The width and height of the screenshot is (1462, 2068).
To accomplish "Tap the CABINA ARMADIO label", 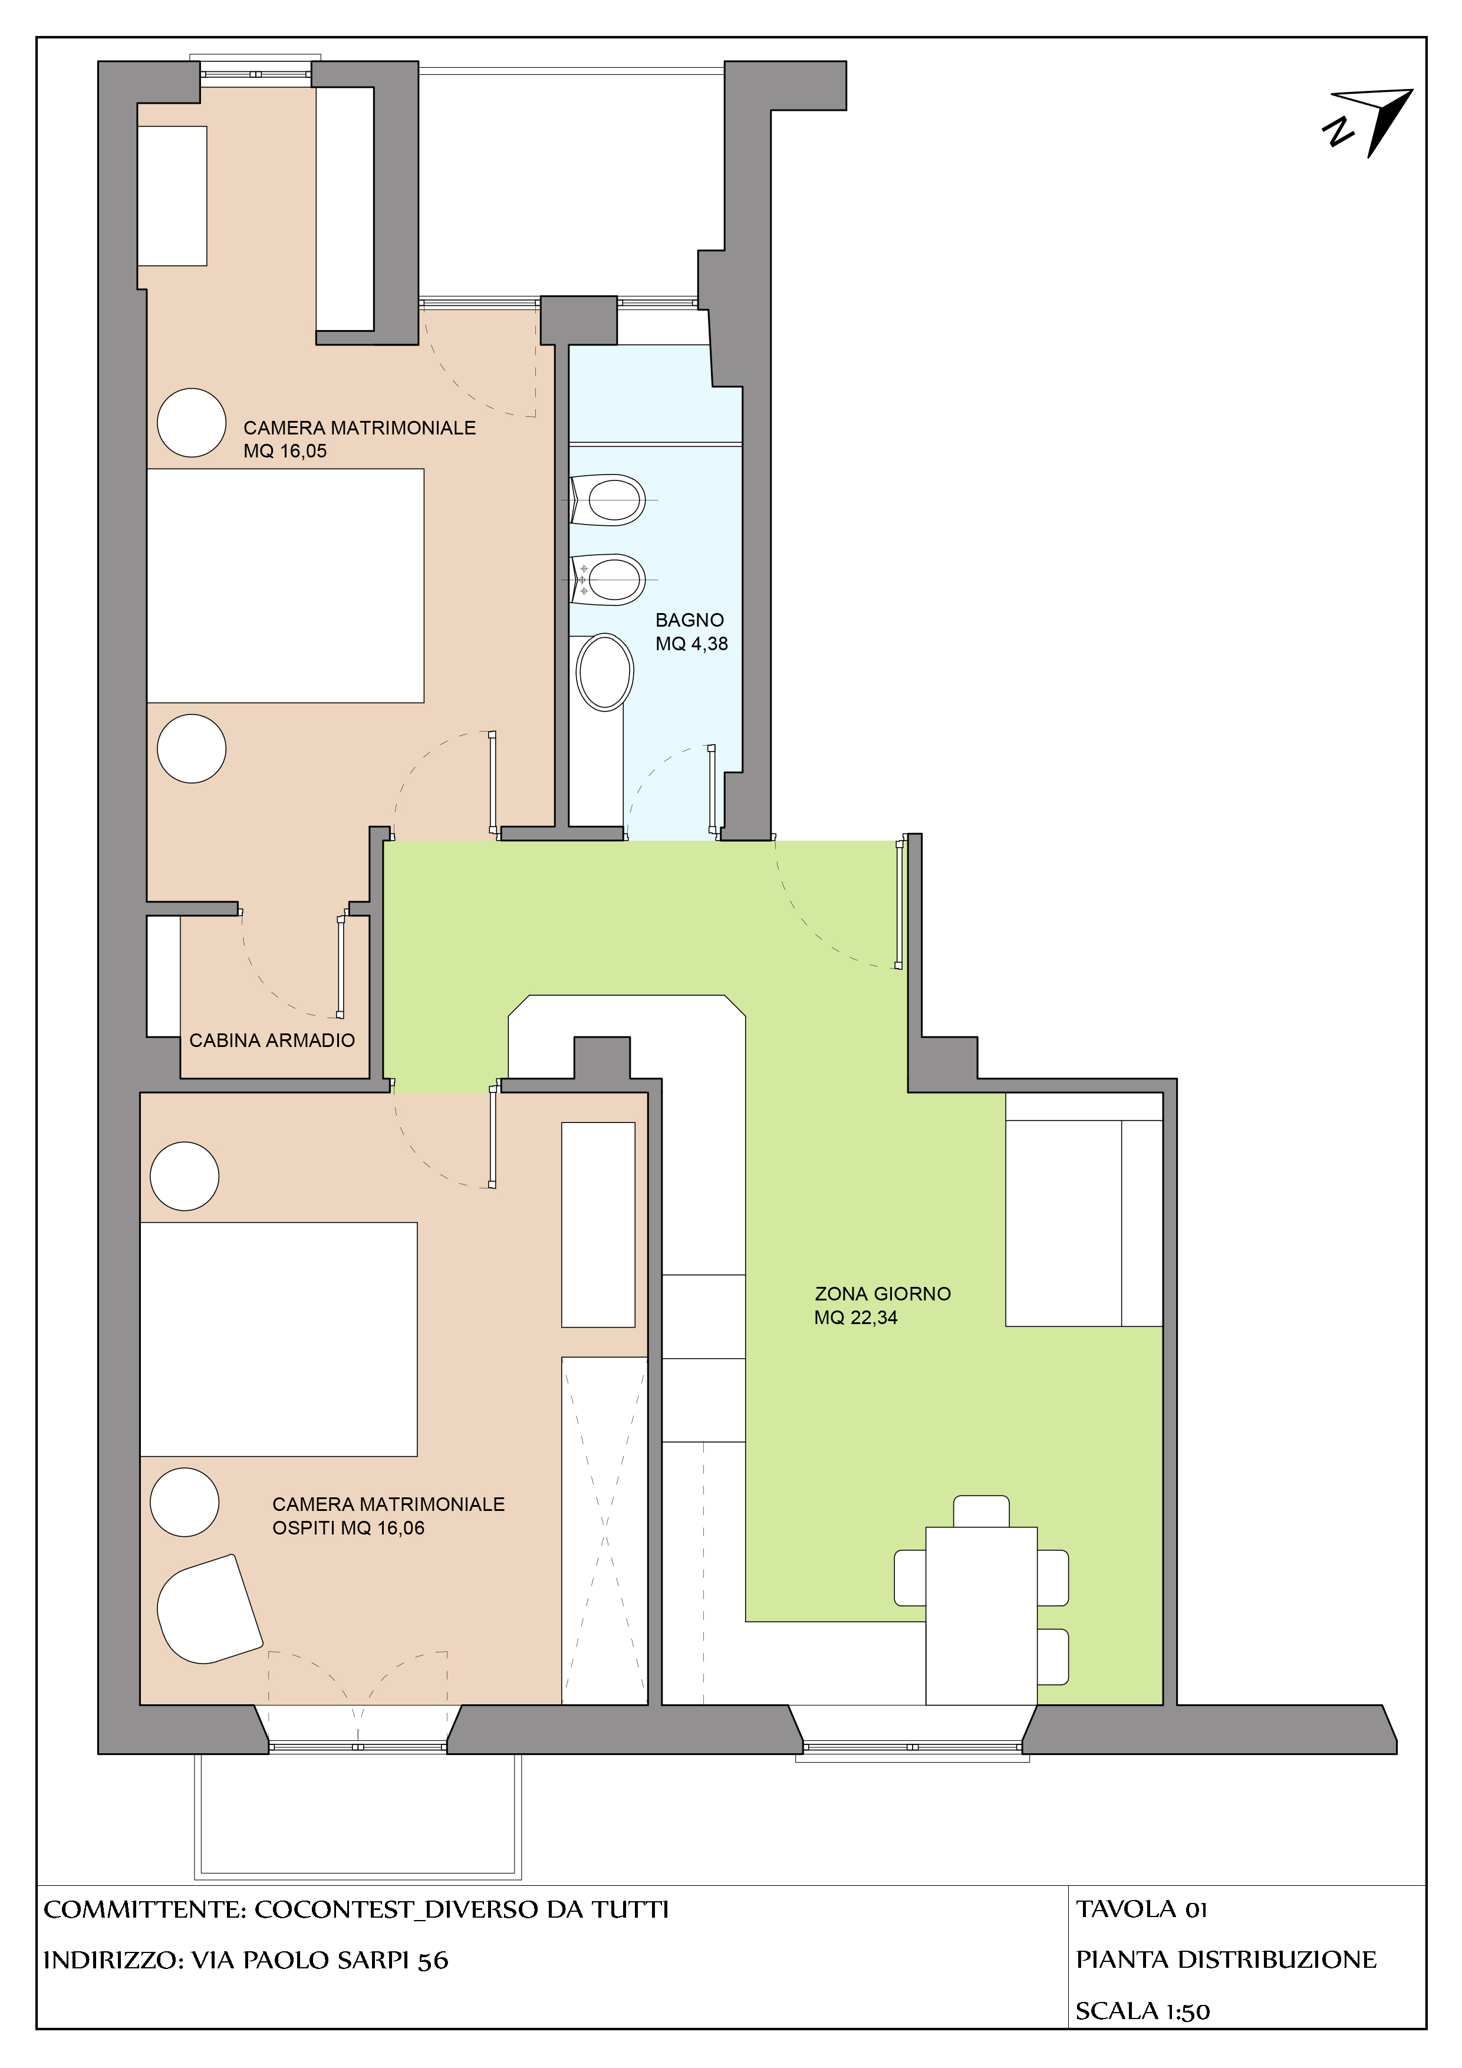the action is click(272, 1040).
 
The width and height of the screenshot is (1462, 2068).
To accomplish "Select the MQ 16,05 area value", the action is click(285, 451).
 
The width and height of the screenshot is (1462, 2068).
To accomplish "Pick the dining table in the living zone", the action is click(981, 1615).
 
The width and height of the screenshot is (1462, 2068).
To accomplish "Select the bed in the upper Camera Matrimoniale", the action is click(285, 585).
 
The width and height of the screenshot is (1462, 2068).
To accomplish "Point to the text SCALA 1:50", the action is click(1142, 2011).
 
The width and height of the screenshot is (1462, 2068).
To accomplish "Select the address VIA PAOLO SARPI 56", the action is click(320, 1960).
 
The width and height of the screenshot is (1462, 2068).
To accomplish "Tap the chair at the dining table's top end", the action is click(981, 1512).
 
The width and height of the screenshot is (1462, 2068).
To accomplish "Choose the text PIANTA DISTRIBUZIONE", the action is click(1226, 1960).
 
